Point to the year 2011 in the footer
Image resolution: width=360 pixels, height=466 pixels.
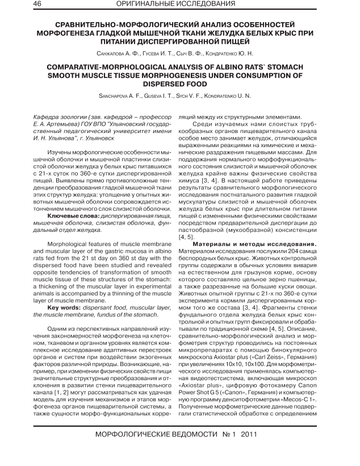(x=252, y=435)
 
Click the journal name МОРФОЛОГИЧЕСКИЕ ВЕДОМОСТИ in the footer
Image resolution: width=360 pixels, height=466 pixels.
(x=149, y=435)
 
